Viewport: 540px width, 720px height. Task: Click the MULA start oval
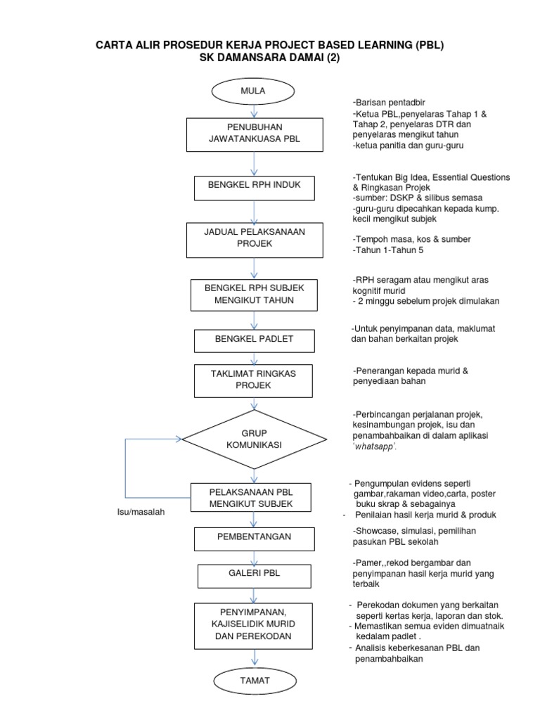[253, 91]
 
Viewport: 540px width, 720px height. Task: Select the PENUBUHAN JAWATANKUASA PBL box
[254, 134]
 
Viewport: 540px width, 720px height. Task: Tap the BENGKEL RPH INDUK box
[254, 188]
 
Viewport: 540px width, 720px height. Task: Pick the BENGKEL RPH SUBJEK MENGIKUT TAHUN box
[254, 294]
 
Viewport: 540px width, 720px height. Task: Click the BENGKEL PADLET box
[254, 340]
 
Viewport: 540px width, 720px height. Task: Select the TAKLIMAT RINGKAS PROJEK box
[254, 380]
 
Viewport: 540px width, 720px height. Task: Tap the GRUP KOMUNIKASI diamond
[254, 439]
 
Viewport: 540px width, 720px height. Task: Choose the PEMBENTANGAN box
[254, 537]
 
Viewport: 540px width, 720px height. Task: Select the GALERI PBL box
[254, 574]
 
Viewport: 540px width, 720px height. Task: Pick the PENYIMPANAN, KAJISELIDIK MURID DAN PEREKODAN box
[254, 624]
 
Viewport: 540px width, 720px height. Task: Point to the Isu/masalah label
[141, 513]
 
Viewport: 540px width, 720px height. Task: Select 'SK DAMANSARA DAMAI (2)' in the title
[269, 59]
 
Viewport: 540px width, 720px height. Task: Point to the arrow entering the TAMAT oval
[254, 659]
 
